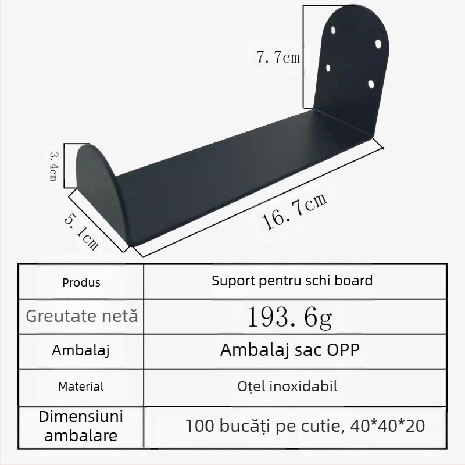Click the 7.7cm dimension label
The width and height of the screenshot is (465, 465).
278,57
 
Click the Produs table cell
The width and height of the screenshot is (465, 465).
81,282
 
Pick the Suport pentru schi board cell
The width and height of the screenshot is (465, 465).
292,281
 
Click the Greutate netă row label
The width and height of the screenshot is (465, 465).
82,316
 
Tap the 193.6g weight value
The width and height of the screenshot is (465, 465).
290,317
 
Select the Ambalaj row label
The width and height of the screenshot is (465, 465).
81,351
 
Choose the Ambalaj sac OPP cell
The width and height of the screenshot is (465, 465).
289,351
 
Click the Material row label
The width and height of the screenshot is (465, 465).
81,386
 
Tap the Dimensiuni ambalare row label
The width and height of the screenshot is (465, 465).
81,426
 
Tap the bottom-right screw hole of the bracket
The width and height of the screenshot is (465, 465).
371,85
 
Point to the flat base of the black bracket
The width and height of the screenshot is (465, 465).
244,174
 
